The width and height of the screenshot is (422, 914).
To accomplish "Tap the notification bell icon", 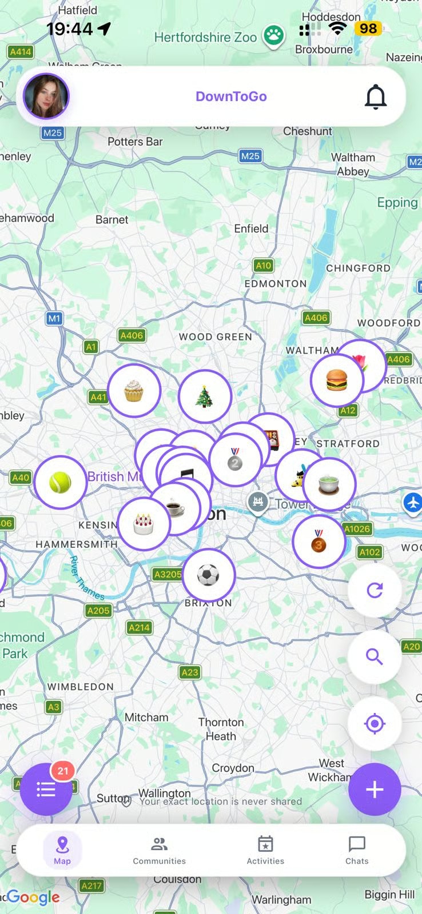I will pos(376,97).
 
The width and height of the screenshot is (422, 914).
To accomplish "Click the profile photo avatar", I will pos(46,96).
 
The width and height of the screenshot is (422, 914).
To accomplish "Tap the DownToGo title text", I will pos(231,97).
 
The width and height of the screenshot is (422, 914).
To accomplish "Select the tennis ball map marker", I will pos(60,483).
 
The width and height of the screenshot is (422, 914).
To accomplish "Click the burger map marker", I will pos(337,380).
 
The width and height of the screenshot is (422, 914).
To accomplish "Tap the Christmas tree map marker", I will pos(204,396).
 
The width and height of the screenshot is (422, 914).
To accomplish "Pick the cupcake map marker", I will pos(134,391).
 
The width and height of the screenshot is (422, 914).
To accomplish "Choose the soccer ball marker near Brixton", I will pos(208,575).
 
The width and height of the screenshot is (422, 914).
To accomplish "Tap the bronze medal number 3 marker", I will pos(319,541).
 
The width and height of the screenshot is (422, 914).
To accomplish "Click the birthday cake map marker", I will pos(144,523).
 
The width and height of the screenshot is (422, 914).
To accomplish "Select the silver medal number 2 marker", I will pos(235,459).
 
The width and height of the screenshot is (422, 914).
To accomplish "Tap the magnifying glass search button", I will pos(375,657).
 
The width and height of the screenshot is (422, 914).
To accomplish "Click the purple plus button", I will pos(375,789).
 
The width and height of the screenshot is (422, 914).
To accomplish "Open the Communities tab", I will pos(159,850).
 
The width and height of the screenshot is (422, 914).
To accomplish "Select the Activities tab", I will pos(265,850).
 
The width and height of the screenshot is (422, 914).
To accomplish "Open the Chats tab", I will pos(357,850).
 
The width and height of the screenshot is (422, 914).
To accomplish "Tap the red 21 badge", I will pos(63,771).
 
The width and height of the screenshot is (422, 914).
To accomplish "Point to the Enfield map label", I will pos(251,228).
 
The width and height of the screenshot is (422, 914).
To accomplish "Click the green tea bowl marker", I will pos(329,484).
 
